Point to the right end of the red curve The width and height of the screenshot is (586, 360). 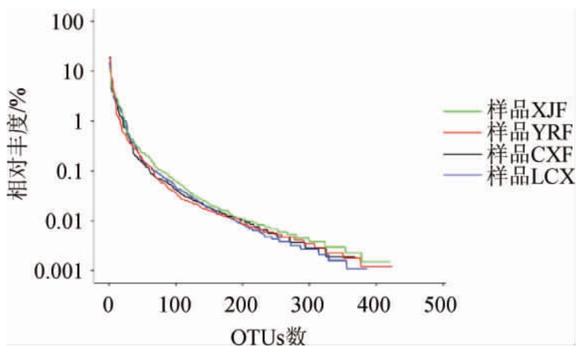(393, 266)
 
